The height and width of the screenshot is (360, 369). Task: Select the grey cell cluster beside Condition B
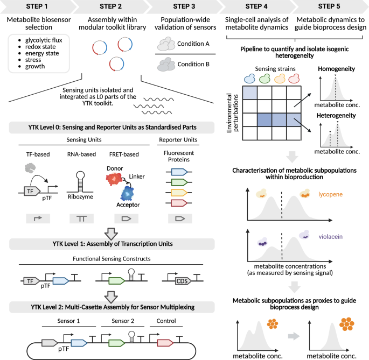[165, 65]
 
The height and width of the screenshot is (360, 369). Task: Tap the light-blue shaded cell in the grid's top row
[250, 93]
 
